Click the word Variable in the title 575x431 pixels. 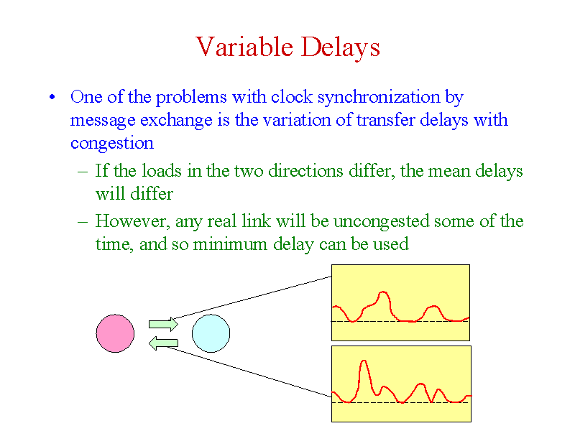tap(244, 47)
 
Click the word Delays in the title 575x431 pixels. tap(340, 47)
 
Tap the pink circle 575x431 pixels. tap(115, 333)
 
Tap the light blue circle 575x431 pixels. tap(211, 333)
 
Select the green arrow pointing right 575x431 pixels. tap(163, 325)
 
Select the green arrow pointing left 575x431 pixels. tap(163, 343)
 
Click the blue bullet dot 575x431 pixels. tap(52, 98)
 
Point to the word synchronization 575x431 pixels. tap(379, 98)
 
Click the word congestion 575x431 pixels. tap(112, 143)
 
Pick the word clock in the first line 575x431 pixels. tap(292, 97)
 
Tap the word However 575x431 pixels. tap(132, 221)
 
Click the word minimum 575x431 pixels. tap(230, 244)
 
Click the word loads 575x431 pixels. tap(162, 171)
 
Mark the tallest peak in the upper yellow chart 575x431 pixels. tap(384, 292)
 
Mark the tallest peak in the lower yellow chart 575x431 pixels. tap(364, 361)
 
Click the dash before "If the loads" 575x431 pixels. tap(83, 172)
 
